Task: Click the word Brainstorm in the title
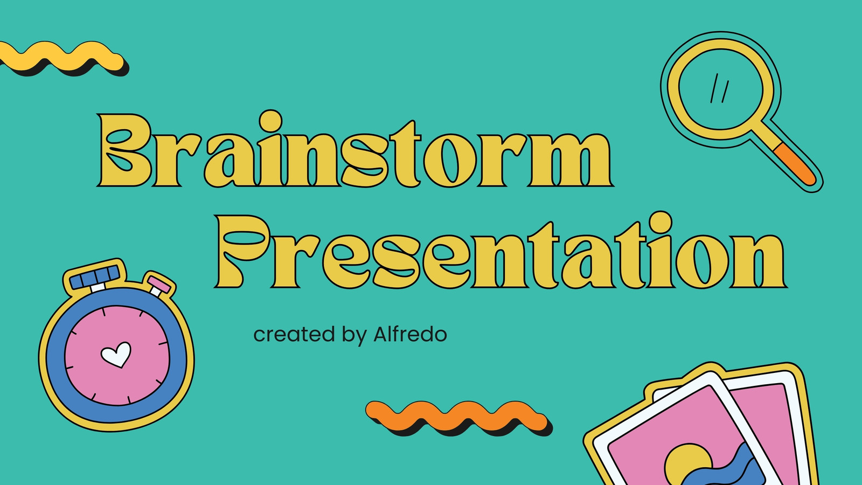tap(355, 149)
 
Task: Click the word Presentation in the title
tap(501, 250)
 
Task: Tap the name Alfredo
tap(410, 334)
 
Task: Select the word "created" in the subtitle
tap(294, 334)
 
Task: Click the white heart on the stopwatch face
tap(116, 354)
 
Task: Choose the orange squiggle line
tap(458, 418)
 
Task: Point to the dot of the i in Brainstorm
tap(270, 121)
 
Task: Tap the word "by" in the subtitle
tap(354, 335)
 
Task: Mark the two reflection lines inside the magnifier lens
tap(719, 88)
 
